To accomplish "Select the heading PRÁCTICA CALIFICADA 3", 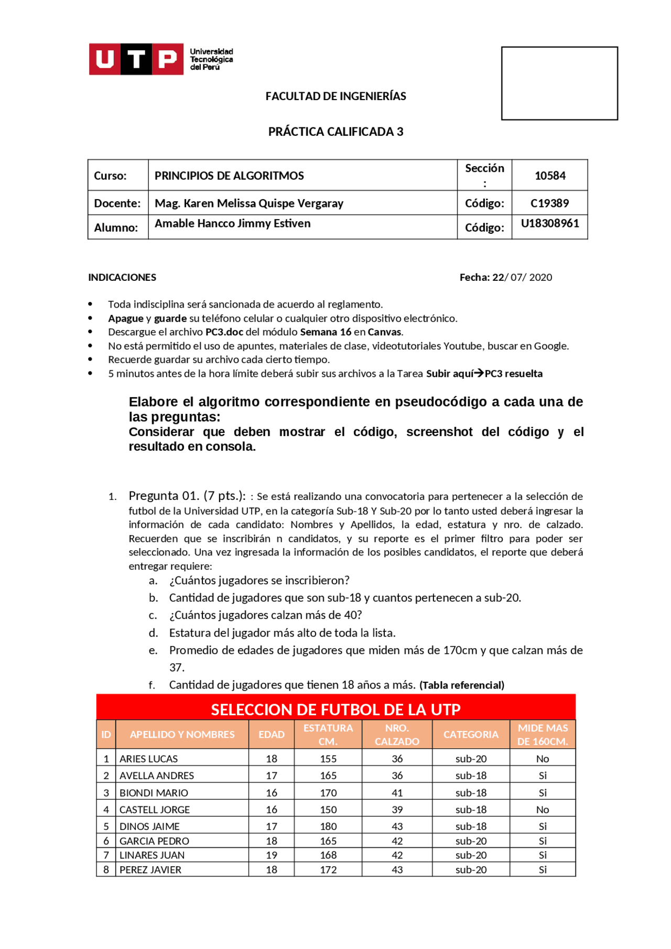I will pyautogui.click(x=335, y=132).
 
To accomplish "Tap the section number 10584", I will pyautogui.click(x=549, y=176).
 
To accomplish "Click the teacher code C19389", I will pyautogui.click(x=549, y=203).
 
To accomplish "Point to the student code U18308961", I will pyautogui.click(x=549, y=224).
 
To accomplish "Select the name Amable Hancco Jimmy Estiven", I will pyautogui.click(x=232, y=224).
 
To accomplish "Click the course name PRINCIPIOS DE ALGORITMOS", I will pyautogui.click(x=229, y=176).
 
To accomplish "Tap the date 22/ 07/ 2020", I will pyautogui.click(x=522, y=277).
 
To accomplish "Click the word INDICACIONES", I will pyautogui.click(x=122, y=277).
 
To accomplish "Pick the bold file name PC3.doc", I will pyautogui.click(x=224, y=332).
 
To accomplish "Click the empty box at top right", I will pyautogui.click(x=559, y=83).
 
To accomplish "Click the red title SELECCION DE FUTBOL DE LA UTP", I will pyautogui.click(x=335, y=710).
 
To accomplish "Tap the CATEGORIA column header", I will pyautogui.click(x=471, y=734).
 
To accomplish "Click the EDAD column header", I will pyautogui.click(x=271, y=734).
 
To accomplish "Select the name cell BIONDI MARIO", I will pyautogui.click(x=154, y=793).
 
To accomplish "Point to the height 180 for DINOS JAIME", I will pyautogui.click(x=328, y=826).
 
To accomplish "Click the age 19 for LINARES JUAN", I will pyautogui.click(x=271, y=855).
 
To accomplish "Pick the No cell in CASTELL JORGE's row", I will pyautogui.click(x=543, y=810).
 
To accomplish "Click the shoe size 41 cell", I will pyautogui.click(x=397, y=793).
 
